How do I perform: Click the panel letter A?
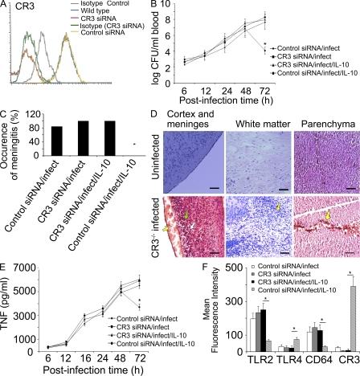click(6, 6)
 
